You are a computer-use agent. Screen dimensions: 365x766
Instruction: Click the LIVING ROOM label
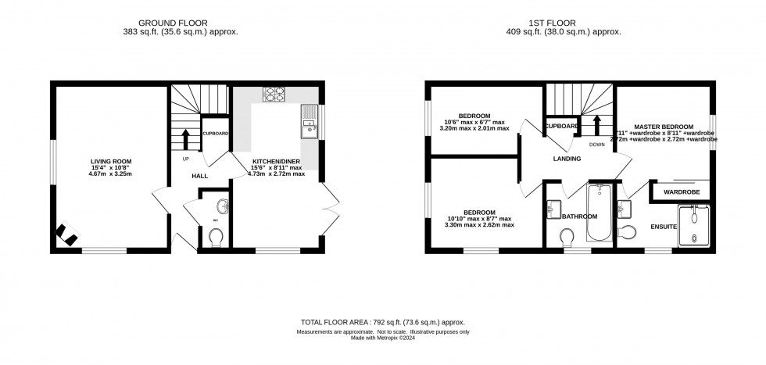tap(109, 161)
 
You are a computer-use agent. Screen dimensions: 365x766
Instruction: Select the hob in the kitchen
tap(274, 95)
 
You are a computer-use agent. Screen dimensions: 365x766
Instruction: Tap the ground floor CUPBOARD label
tap(215, 134)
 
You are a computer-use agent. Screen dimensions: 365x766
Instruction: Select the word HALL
tap(199, 176)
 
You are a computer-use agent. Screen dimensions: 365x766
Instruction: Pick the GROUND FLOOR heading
tap(191, 22)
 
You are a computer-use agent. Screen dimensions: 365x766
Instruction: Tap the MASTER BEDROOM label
tap(663, 127)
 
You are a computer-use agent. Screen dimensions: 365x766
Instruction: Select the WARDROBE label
tap(681, 191)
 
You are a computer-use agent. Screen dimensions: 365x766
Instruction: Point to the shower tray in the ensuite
tap(693, 226)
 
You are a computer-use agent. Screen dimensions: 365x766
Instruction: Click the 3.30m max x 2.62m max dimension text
tap(479, 225)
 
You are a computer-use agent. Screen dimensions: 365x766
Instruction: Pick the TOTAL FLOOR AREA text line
tap(382, 322)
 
